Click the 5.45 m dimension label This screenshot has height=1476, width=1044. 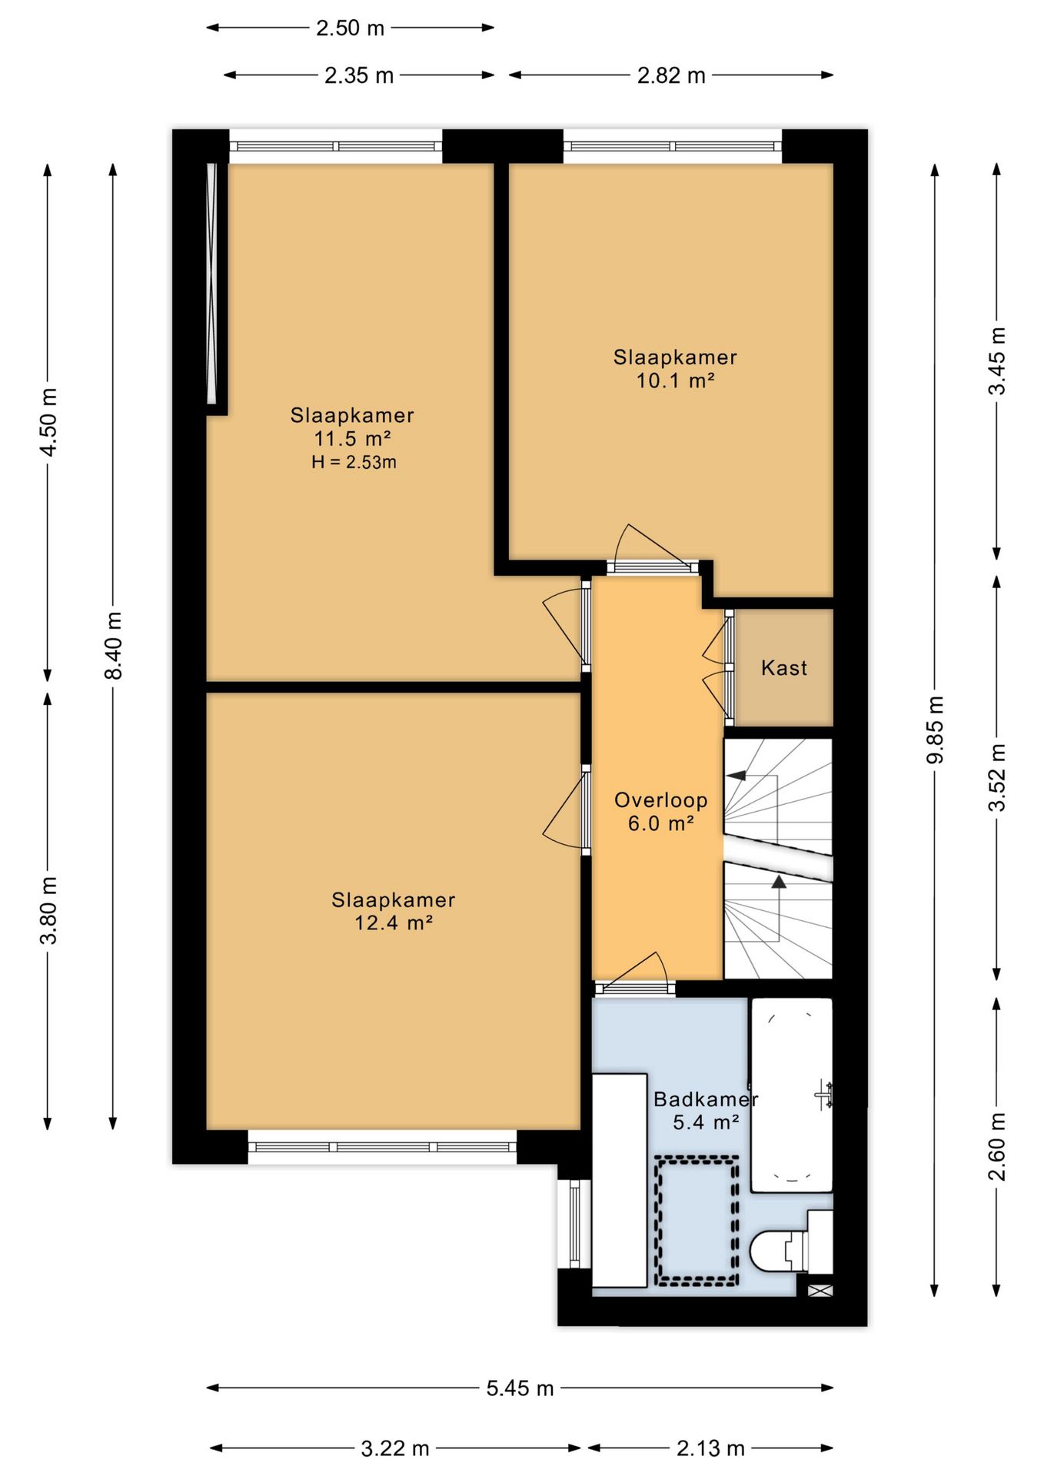point(520,1388)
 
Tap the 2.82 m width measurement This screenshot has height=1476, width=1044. point(671,75)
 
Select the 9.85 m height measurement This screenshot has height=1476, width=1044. point(935,730)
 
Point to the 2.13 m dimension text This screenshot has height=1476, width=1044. point(710,1448)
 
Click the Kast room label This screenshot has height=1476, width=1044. point(784,668)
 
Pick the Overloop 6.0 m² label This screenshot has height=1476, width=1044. point(661,812)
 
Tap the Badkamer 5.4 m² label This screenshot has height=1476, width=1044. point(706,1111)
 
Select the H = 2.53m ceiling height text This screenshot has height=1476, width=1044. point(354,462)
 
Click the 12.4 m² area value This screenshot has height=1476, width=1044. point(394,922)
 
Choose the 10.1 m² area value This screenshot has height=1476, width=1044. point(676,380)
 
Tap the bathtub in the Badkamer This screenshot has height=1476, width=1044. point(791,1095)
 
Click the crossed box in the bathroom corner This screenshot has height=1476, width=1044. point(820,1291)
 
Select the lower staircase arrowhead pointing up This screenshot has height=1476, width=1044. point(779,882)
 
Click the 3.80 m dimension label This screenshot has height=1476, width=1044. point(48,910)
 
